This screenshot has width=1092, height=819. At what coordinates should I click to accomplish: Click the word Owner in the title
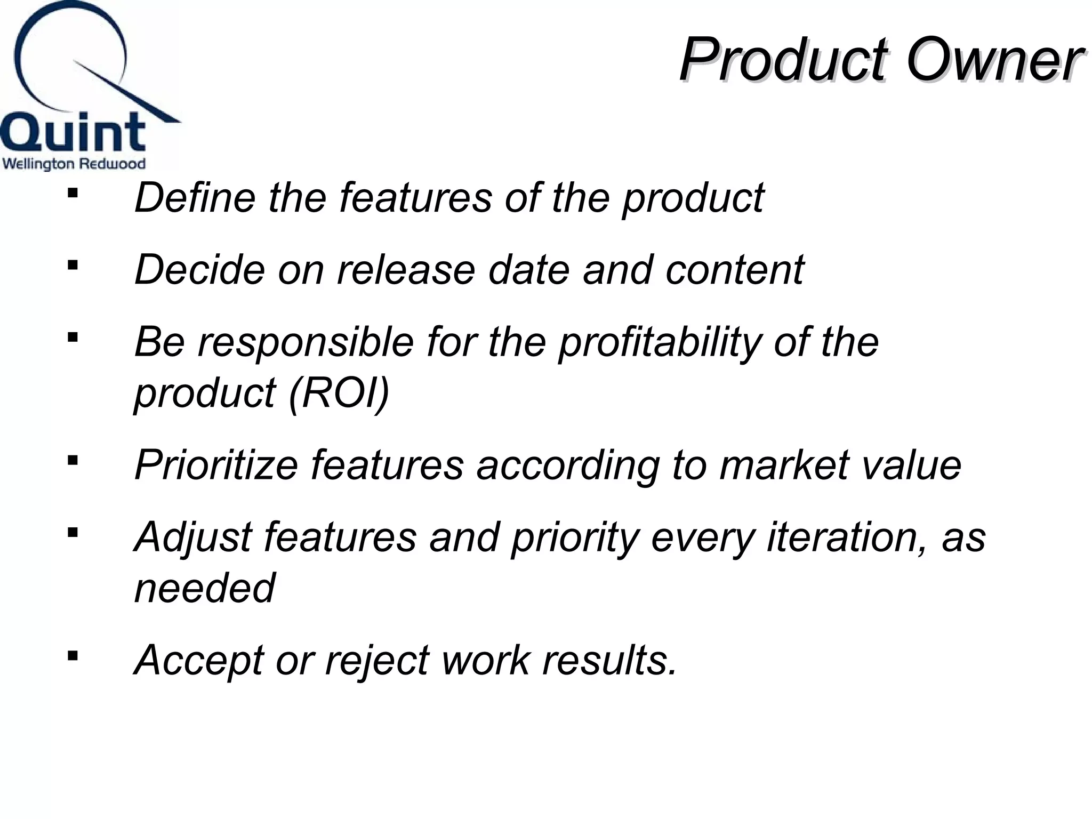pos(993,60)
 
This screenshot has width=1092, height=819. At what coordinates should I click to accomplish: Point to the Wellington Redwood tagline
pos(74,164)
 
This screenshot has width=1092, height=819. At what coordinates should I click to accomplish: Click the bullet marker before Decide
pos(73,264)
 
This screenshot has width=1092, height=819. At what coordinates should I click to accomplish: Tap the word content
pos(735,270)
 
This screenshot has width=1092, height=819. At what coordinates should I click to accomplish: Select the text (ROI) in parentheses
pos(339,394)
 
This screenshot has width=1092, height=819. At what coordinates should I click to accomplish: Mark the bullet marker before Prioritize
pos(73,460)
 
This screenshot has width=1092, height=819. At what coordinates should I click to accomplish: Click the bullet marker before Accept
pos(73,655)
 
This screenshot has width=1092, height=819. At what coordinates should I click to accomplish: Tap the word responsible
pos(306,342)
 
